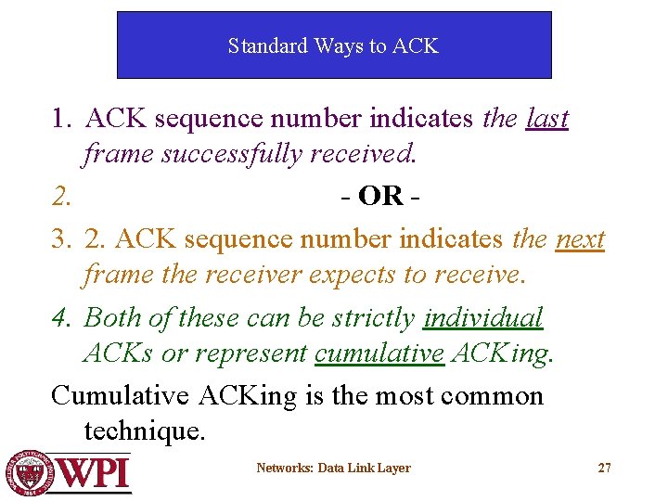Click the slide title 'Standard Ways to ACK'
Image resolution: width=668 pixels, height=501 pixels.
pyautogui.click(x=333, y=45)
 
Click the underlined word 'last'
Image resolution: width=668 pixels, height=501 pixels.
pyautogui.click(x=546, y=119)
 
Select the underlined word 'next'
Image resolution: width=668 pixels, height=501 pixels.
pyautogui.click(x=580, y=239)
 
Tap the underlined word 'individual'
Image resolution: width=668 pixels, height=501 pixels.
pyautogui.click(x=482, y=318)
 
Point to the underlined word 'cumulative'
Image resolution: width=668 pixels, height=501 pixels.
pyautogui.click(x=380, y=353)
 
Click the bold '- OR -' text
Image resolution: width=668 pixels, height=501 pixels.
pyautogui.click(x=380, y=197)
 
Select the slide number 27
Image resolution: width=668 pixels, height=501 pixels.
pyautogui.click(x=604, y=468)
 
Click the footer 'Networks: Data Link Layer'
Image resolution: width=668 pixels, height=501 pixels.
pyautogui.click(x=333, y=468)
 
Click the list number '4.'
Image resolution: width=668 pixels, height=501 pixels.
pyautogui.click(x=63, y=318)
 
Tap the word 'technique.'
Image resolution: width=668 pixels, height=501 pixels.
pyautogui.click(x=144, y=430)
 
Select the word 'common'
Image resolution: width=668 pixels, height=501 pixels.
pyautogui.click(x=492, y=395)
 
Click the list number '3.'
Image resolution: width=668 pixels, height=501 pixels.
pyautogui.click(x=63, y=239)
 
